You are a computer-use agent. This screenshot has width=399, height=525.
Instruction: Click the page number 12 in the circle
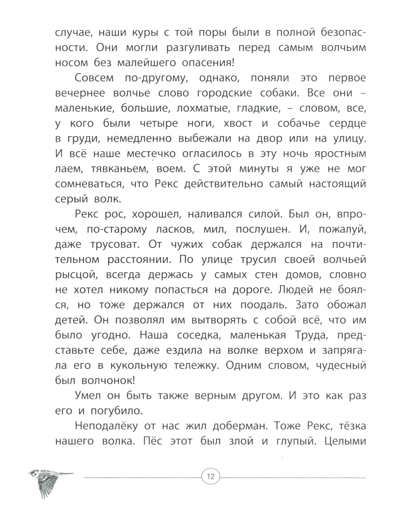pyautogui.click(x=211, y=476)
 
